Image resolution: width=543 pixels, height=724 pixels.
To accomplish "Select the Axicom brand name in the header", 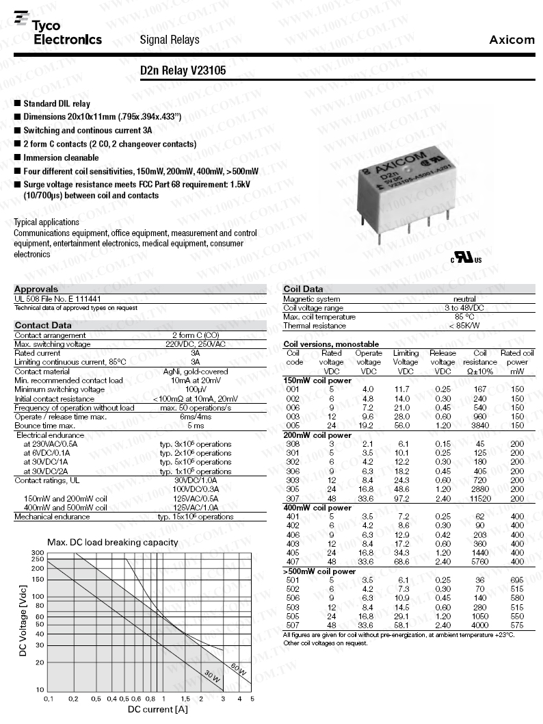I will pyautogui.click(x=512, y=40).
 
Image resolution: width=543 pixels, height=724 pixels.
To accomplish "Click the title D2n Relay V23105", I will pyautogui.click(x=183, y=70).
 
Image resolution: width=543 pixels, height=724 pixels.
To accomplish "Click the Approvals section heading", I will pyautogui.click(x=36, y=289).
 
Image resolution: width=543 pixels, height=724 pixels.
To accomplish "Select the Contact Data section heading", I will pyautogui.click(x=43, y=325).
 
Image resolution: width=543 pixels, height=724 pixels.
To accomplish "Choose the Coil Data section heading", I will pyautogui.click(x=303, y=289).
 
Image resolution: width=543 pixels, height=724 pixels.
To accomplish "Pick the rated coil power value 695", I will pyautogui.click(x=517, y=580).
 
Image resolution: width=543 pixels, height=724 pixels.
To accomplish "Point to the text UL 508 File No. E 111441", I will pyautogui.click(x=57, y=299).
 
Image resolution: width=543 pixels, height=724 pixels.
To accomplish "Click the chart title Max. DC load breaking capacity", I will pyautogui.click(x=112, y=542).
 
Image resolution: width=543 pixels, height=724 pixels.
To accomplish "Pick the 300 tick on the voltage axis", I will pyautogui.click(x=38, y=552).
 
